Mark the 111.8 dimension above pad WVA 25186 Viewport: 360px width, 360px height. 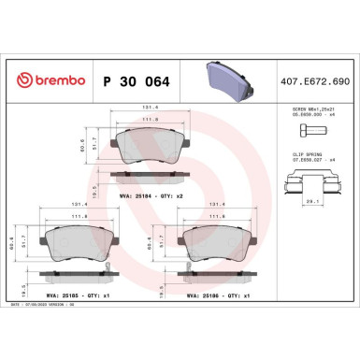(x=218, y=215)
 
